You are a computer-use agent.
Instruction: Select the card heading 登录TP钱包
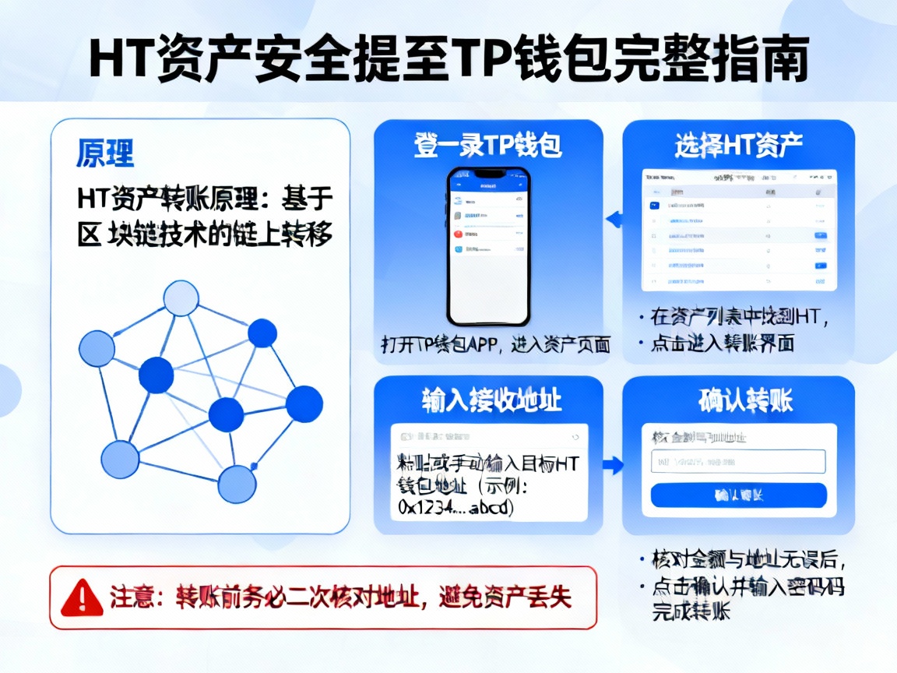489,146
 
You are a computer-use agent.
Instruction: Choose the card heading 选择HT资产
738,146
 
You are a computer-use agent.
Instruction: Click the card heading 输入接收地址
489,401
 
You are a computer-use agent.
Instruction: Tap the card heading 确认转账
738,401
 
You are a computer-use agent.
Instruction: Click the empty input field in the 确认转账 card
737,461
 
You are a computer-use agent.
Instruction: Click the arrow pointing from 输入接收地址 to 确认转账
614,466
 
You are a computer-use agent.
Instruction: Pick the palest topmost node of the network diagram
181,298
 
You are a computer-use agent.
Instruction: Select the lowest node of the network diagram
237,484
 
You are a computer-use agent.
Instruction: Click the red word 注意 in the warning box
128,598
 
